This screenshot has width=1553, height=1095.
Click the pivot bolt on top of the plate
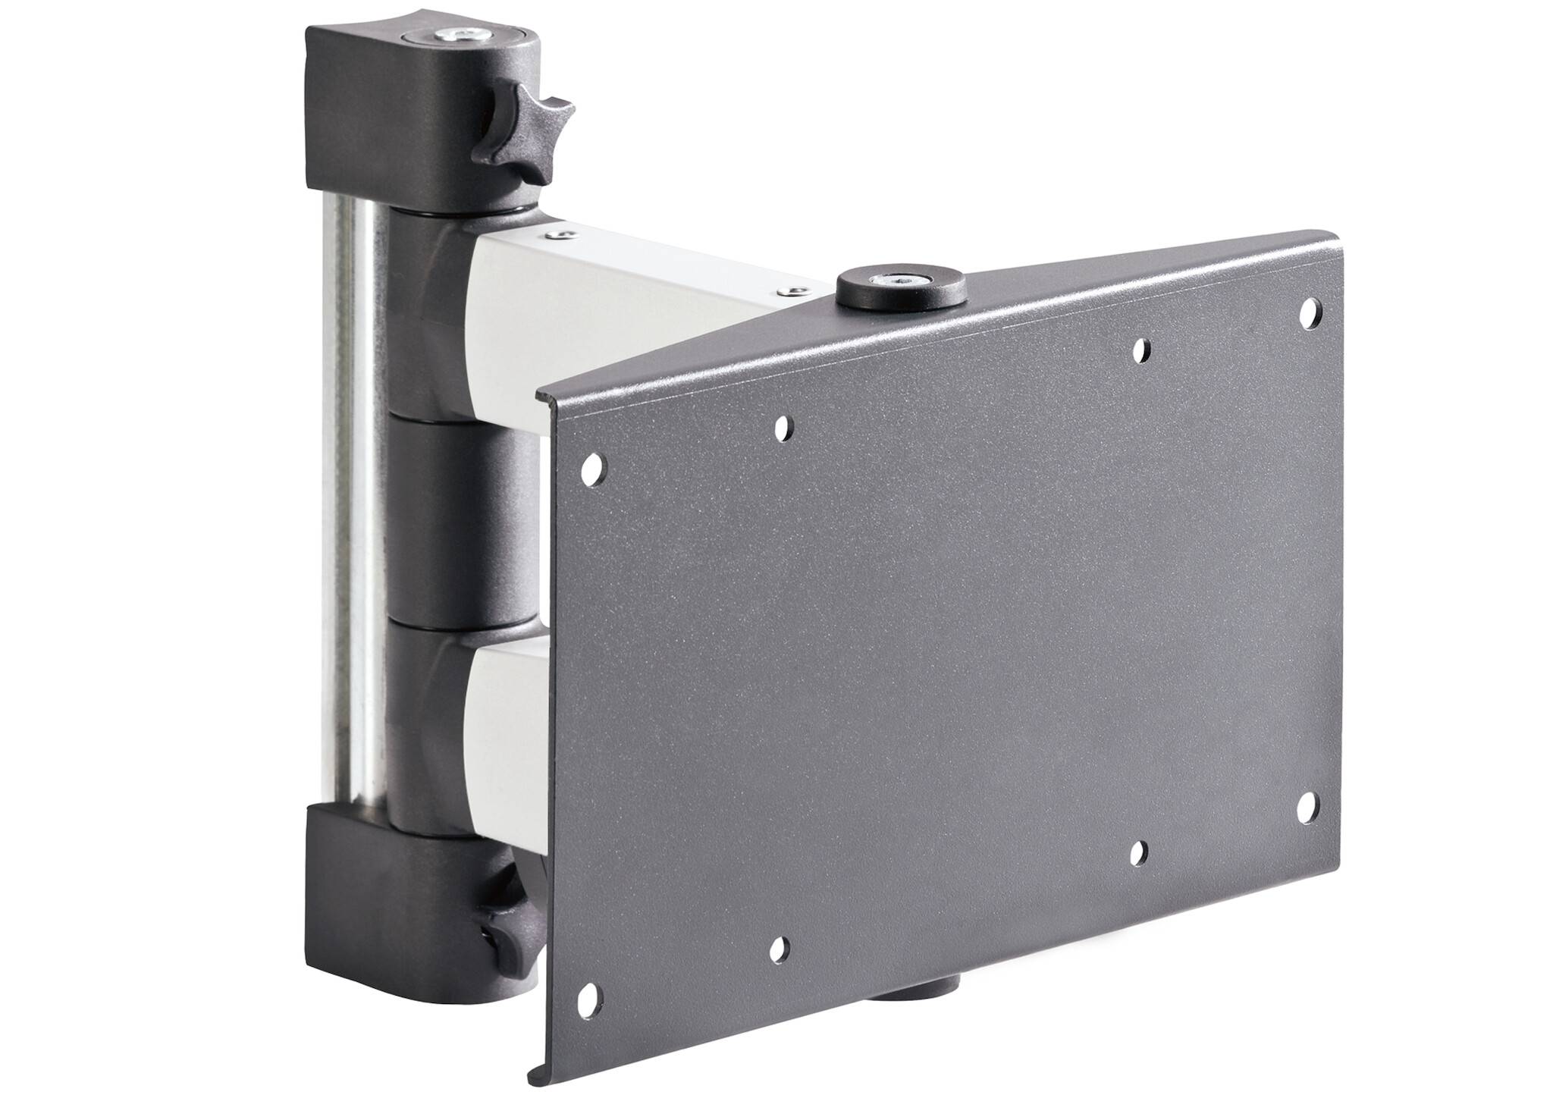[901, 281]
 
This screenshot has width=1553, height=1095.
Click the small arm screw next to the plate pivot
[792, 290]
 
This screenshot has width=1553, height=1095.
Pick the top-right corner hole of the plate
[1308, 312]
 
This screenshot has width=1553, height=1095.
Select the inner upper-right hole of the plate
[1140, 350]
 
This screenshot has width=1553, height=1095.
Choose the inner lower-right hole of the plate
[1138, 852]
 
